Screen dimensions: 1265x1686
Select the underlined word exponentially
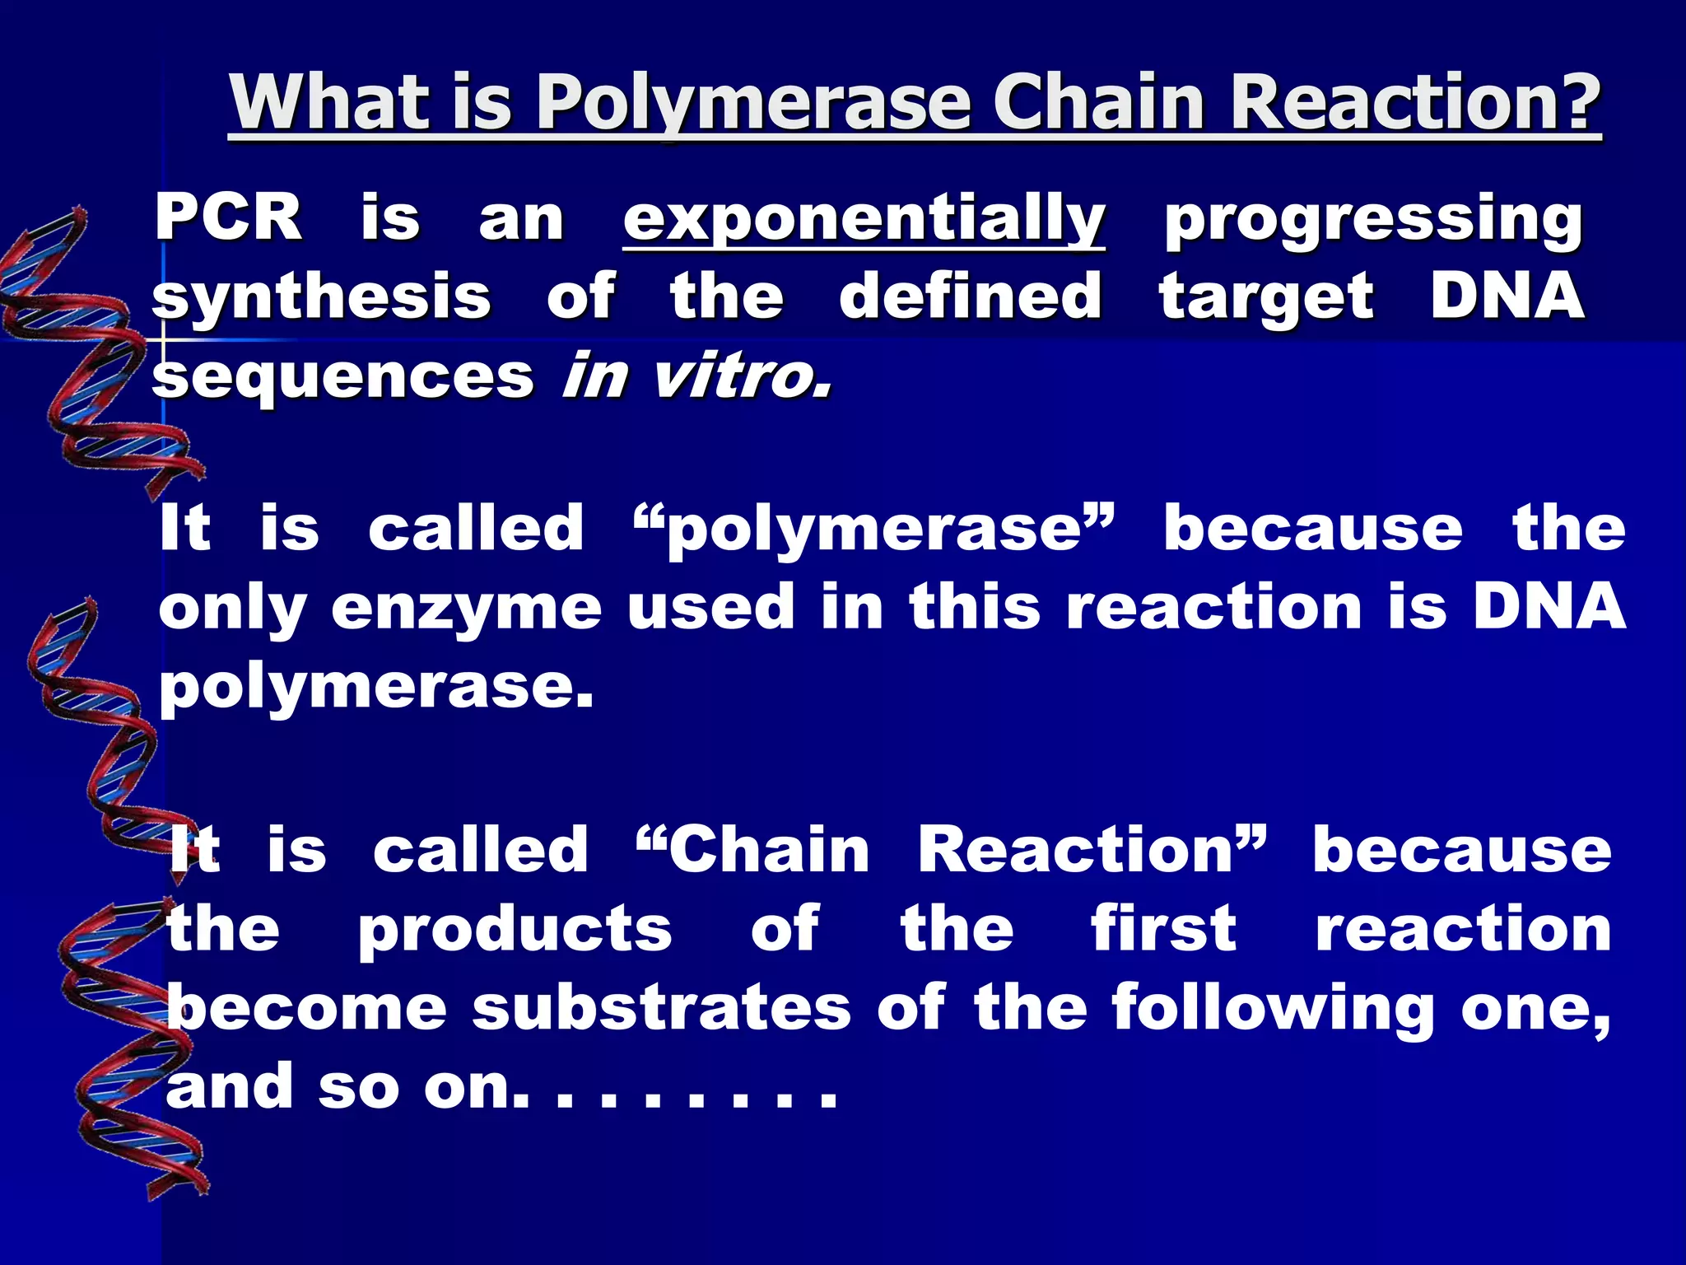864,221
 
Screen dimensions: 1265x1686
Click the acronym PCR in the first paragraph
228,218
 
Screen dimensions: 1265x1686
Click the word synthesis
321,298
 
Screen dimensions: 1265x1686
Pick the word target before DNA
1266,298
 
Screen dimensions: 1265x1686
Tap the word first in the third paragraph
1164,929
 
